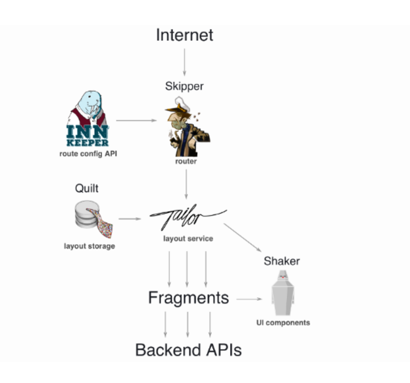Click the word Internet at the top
[x=184, y=35]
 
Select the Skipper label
[x=184, y=86]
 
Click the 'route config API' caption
[x=88, y=153]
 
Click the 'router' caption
[x=186, y=162]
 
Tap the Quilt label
[x=87, y=188]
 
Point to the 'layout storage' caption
[x=89, y=246]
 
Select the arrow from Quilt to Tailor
[x=130, y=219]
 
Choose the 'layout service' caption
[x=188, y=239]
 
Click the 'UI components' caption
[x=283, y=322]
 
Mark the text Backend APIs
[x=188, y=349]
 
